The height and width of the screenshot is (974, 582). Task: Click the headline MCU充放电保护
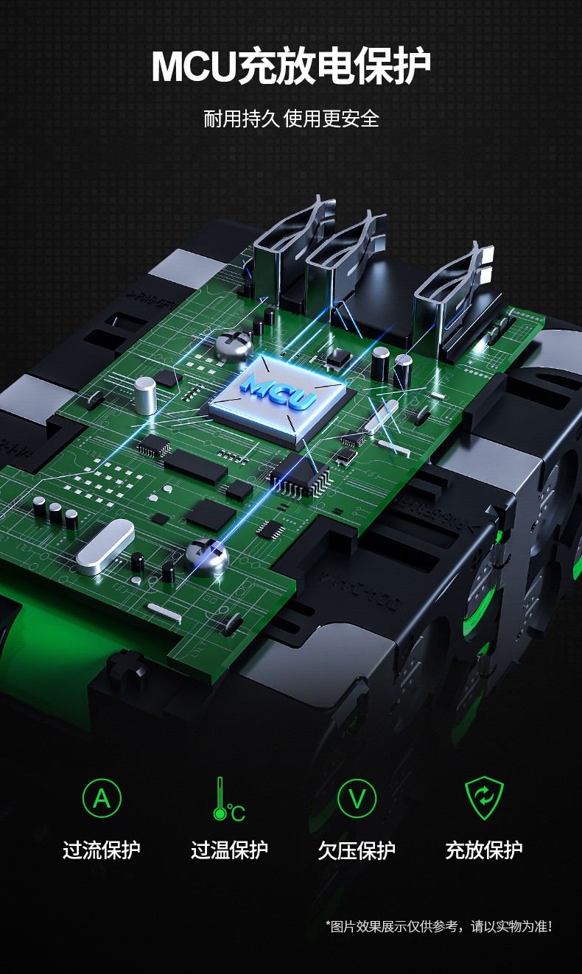[290, 66]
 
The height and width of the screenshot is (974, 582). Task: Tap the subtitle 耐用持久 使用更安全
[292, 119]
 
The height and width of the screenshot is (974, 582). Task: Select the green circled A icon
[102, 798]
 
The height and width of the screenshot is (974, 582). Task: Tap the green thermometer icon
[228, 800]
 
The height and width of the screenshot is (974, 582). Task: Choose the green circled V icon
[357, 798]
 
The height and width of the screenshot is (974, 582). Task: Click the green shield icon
[484, 798]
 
